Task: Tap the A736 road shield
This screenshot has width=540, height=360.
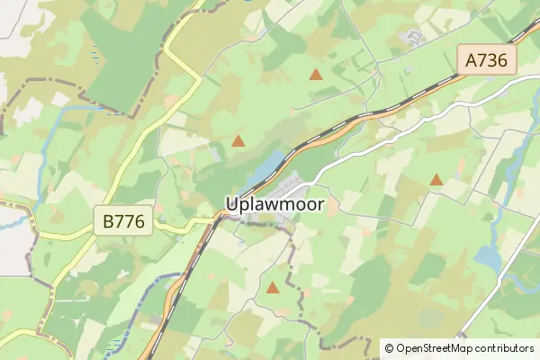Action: [487, 61]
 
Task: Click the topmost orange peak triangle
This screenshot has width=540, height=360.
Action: [316, 74]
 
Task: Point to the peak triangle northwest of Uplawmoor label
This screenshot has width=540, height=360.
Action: [238, 140]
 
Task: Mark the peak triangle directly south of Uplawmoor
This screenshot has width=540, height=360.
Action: [273, 288]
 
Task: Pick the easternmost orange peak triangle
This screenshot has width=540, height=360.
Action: [436, 180]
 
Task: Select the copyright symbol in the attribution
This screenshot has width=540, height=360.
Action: [389, 348]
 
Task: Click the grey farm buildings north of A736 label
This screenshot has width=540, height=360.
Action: [416, 38]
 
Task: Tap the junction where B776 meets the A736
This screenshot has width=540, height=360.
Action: [216, 217]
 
